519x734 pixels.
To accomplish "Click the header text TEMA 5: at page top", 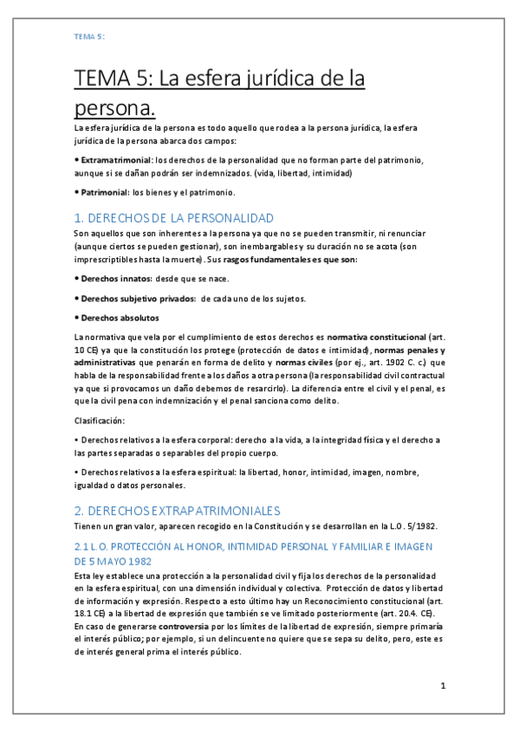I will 89,35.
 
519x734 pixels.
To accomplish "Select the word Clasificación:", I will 100,421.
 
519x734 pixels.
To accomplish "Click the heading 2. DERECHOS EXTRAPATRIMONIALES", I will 177,511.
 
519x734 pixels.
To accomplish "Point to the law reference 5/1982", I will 402,527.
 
